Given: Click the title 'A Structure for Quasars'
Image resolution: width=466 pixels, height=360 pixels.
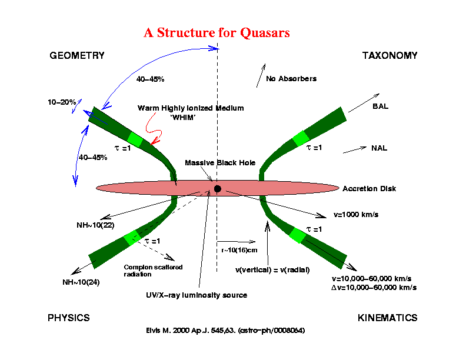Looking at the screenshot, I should click(x=217, y=33).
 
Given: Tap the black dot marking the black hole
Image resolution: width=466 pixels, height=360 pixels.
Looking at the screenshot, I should click(x=218, y=188).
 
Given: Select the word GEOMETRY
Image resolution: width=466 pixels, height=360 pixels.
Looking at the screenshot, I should click(x=76, y=56).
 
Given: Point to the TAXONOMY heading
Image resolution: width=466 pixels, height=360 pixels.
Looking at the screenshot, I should click(x=390, y=56).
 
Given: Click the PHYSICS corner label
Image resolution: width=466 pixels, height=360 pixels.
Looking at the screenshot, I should click(x=69, y=318).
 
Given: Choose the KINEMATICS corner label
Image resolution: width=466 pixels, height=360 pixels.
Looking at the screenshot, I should click(x=387, y=318).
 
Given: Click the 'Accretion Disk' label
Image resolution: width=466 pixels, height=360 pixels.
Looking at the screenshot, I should click(x=370, y=189).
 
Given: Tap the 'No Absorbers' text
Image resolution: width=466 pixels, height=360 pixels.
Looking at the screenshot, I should click(x=291, y=79).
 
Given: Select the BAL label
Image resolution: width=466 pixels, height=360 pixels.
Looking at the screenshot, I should click(x=381, y=107).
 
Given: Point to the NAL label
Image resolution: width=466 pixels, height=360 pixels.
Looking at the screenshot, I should click(x=379, y=148).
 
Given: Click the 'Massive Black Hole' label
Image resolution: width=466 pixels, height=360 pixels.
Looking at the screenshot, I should click(x=220, y=162).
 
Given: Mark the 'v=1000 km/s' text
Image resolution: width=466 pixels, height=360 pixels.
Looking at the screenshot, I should click(x=355, y=214).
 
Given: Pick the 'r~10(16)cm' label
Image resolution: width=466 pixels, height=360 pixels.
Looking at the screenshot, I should click(x=239, y=250).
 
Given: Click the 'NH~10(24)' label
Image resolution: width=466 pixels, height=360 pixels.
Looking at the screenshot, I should click(x=81, y=282).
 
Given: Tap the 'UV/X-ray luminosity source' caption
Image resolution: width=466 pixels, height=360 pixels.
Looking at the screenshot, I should click(x=197, y=295).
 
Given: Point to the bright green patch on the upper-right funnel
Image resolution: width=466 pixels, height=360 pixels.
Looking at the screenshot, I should click(x=301, y=138).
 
